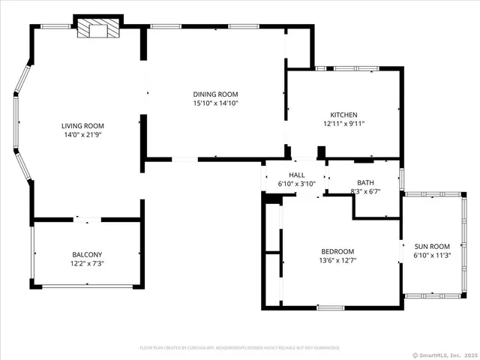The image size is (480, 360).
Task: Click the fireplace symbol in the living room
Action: [x=98, y=28]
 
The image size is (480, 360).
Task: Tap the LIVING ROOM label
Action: [x=82, y=126]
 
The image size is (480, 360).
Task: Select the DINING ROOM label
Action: [x=215, y=94]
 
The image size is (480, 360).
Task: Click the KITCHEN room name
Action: [x=343, y=115]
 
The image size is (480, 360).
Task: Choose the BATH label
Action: [x=365, y=182]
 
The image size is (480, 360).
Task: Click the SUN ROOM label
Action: [x=432, y=246]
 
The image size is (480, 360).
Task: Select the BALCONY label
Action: [x=87, y=254]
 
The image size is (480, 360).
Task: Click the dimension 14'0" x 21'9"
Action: [x=82, y=135]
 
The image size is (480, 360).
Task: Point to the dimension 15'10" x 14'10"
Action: [x=215, y=103]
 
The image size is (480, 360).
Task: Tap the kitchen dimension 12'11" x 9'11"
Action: [x=343, y=124]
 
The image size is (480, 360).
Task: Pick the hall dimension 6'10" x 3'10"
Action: [x=297, y=184]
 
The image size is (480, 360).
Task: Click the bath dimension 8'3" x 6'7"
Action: [x=366, y=192]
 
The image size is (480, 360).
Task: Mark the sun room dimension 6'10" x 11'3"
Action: [x=432, y=256]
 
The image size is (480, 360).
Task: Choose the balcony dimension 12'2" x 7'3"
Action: [x=87, y=264]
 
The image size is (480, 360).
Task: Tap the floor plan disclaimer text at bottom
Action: [x=240, y=348]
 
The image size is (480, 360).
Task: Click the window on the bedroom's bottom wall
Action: [x=331, y=307]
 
